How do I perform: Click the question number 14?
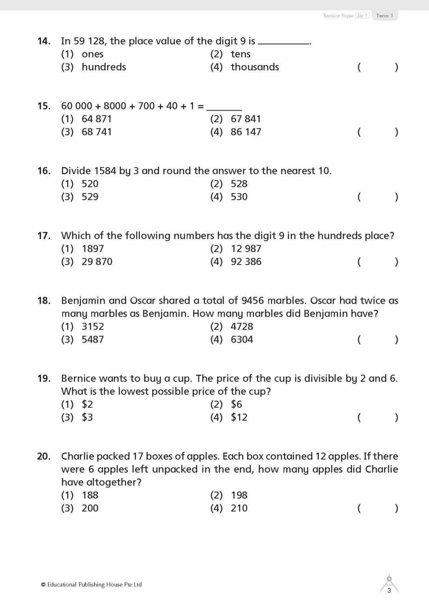point(43,41)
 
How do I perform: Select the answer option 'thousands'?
point(254,67)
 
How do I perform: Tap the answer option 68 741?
point(96,132)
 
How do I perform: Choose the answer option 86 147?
point(246,132)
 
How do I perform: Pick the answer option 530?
point(239,196)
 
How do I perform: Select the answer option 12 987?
point(246,249)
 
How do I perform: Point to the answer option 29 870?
point(97,262)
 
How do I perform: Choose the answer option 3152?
point(93,326)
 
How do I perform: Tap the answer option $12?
point(239,417)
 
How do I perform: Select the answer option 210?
point(239,508)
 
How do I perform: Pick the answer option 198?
point(239,495)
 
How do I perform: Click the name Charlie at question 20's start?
point(77,456)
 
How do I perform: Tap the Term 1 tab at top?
point(384,16)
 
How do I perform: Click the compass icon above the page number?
point(389,582)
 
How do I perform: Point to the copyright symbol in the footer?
point(43,585)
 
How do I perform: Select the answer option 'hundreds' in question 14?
point(103,67)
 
